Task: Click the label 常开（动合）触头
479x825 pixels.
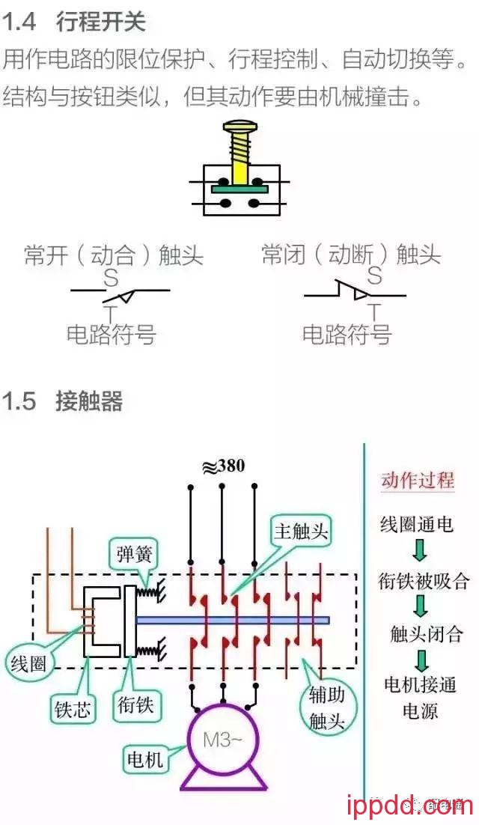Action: click(x=114, y=256)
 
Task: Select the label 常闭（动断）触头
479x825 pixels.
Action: click(x=351, y=255)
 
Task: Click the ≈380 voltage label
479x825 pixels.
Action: click(x=223, y=466)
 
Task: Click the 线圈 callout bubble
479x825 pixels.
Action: click(x=29, y=663)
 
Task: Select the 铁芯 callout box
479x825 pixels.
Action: click(x=73, y=708)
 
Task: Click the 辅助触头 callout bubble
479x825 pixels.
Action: click(x=327, y=707)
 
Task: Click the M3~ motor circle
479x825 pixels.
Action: click(x=223, y=741)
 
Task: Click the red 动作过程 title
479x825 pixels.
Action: click(x=418, y=480)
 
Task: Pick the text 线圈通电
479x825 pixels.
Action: click(x=417, y=524)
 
